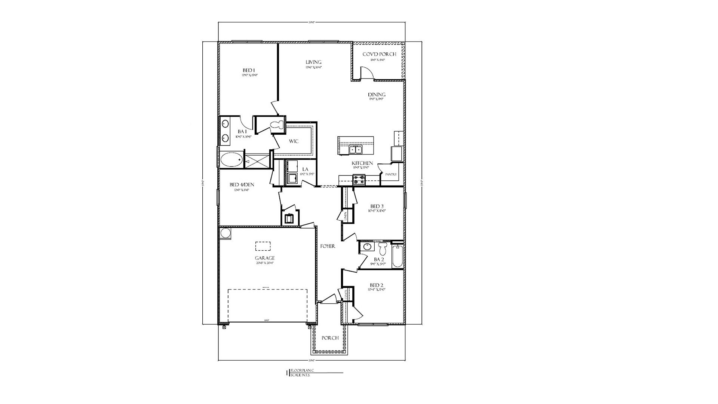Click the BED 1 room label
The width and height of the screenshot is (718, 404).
(x=249, y=70)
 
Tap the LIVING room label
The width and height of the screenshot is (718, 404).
(x=313, y=62)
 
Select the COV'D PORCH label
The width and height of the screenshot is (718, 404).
(x=379, y=54)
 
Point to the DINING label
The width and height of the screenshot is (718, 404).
(x=376, y=95)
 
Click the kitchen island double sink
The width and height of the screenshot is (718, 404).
(x=356, y=150)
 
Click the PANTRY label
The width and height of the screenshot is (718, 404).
(x=391, y=174)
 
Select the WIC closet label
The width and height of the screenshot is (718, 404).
(x=293, y=141)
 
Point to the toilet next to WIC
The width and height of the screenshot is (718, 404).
(x=277, y=126)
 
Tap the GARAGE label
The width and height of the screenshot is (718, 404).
(x=265, y=258)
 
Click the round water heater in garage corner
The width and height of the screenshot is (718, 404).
(x=225, y=233)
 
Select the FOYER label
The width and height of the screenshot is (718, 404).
(x=328, y=247)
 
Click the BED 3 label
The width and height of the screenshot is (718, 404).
(x=377, y=206)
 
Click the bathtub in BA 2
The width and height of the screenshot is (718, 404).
(x=398, y=256)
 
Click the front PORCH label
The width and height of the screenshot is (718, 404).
(x=330, y=338)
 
